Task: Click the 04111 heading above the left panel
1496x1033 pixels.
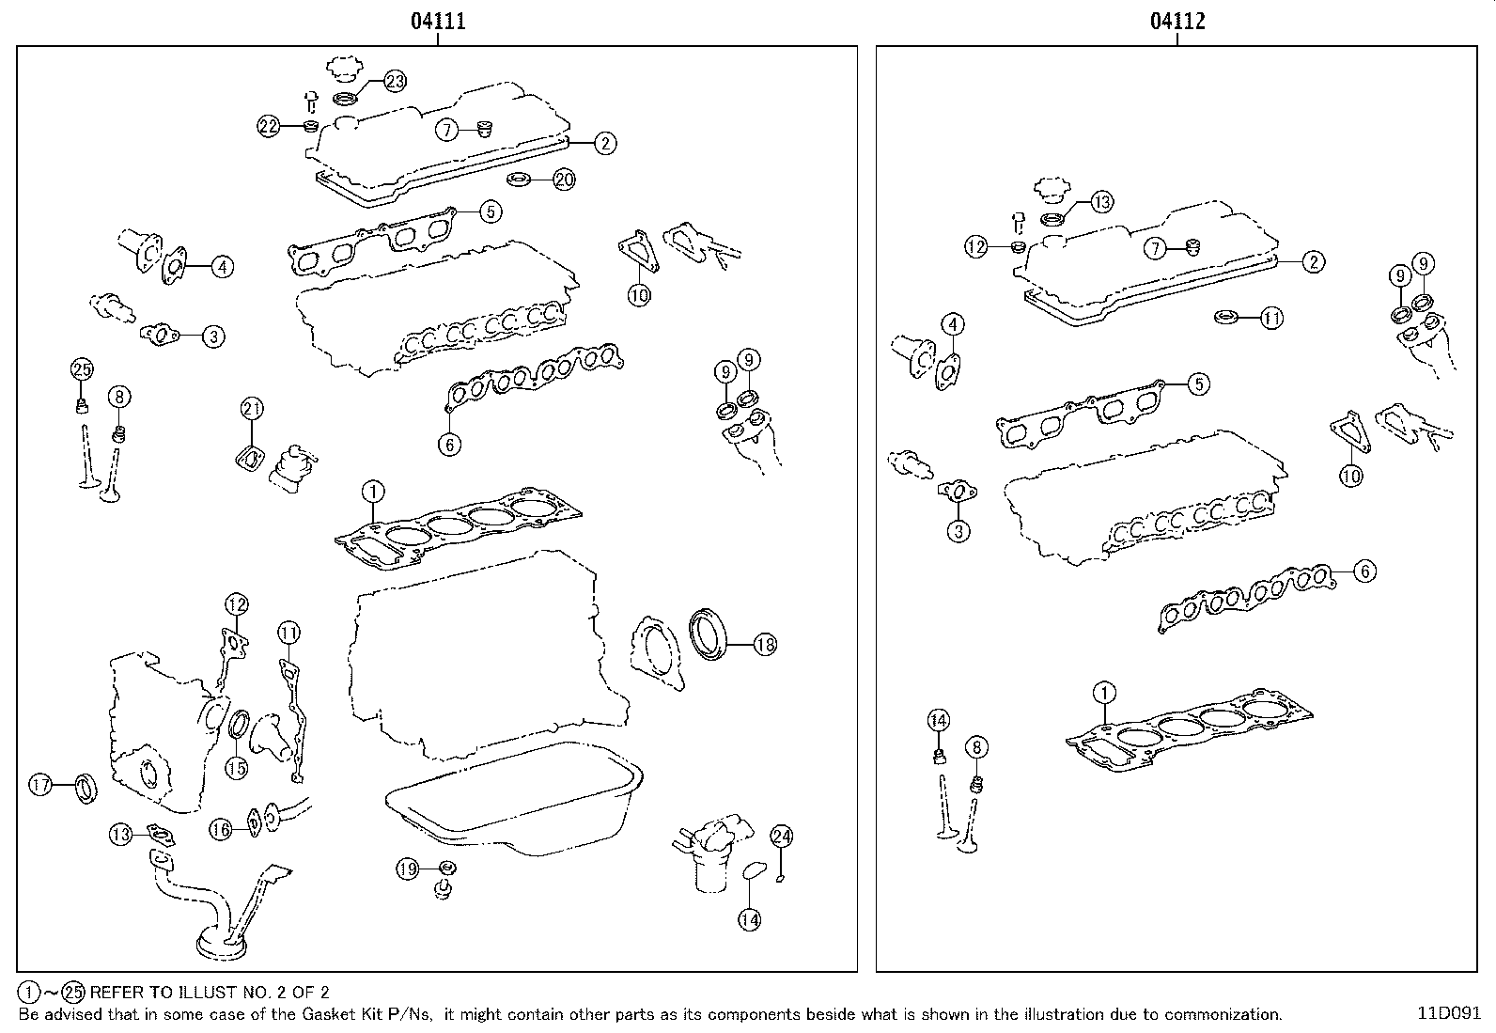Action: (x=438, y=22)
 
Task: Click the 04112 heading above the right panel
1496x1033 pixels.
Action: (x=1177, y=22)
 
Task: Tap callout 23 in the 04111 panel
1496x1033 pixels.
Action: (x=395, y=82)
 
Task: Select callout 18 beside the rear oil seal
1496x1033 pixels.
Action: (x=765, y=645)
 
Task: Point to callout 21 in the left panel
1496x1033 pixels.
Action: (x=252, y=409)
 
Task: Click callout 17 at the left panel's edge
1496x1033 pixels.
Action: (x=40, y=785)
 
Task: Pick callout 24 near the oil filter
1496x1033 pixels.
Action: (x=782, y=836)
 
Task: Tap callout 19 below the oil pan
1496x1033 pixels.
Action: (x=407, y=870)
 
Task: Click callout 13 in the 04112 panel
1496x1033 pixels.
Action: (x=1102, y=201)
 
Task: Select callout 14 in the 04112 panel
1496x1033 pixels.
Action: (x=939, y=721)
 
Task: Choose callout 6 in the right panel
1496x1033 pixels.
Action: (x=1364, y=571)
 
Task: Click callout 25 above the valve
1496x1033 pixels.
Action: (x=82, y=368)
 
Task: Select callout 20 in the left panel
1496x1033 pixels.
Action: (x=564, y=180)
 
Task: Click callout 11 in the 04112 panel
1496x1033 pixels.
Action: (x=1270, y=319)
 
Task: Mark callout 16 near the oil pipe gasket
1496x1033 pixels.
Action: (x=220, y=828)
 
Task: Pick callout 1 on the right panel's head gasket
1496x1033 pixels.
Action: (x=1105, y=694)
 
